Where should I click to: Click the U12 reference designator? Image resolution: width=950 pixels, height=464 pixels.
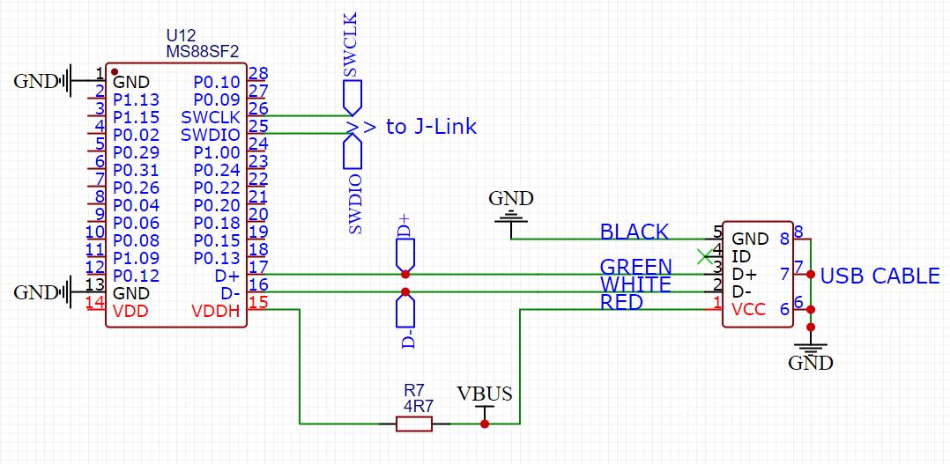pyautogui.click(x=181, y=36)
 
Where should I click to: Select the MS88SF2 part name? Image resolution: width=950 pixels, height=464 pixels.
pyautogui.click(x=203, y=53)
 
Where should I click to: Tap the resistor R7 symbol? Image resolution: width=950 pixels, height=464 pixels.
pyautogui.click(x=414, y=424)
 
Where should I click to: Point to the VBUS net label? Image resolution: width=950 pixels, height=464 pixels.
pyautogui.click(x=484, y=394)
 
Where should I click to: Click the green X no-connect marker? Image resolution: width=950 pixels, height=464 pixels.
pyautogui.click(x=703, y=257)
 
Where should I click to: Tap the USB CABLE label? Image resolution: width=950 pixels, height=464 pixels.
pyautogui.click(x=879, y=276)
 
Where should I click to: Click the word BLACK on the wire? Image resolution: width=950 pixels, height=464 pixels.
pyautogui.click(x=634, y=232)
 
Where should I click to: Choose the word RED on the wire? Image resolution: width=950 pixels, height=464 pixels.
pyautogui.click(x=621, y=303)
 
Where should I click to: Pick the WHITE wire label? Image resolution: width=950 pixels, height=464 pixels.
pyautogui.click(x=635, y=285)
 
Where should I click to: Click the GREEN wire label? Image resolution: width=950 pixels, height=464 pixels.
pyautogui.click(x=635, y=267)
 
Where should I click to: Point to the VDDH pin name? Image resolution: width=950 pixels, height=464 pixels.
pyautogui.click(x=216, y=311)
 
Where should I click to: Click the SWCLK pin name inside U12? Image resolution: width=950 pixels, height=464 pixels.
pyautogui.click(x=211, y=117)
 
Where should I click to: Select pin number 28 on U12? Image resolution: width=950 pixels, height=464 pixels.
pyautogui.click(x=258, y=73)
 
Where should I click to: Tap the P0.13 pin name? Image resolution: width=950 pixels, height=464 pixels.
pyautogui.click(x=216, y=258)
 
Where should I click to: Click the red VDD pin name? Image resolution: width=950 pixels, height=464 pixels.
pyautogui.click(x=130, y=311)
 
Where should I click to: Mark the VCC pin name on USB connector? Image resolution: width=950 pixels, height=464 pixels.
pyautogui.click(x=749, y=310)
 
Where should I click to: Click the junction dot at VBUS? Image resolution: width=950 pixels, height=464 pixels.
pyautogui.click(x=484, y=424)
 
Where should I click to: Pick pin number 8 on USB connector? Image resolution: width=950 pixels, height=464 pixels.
pyautogui.click(x=798, y=232)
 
